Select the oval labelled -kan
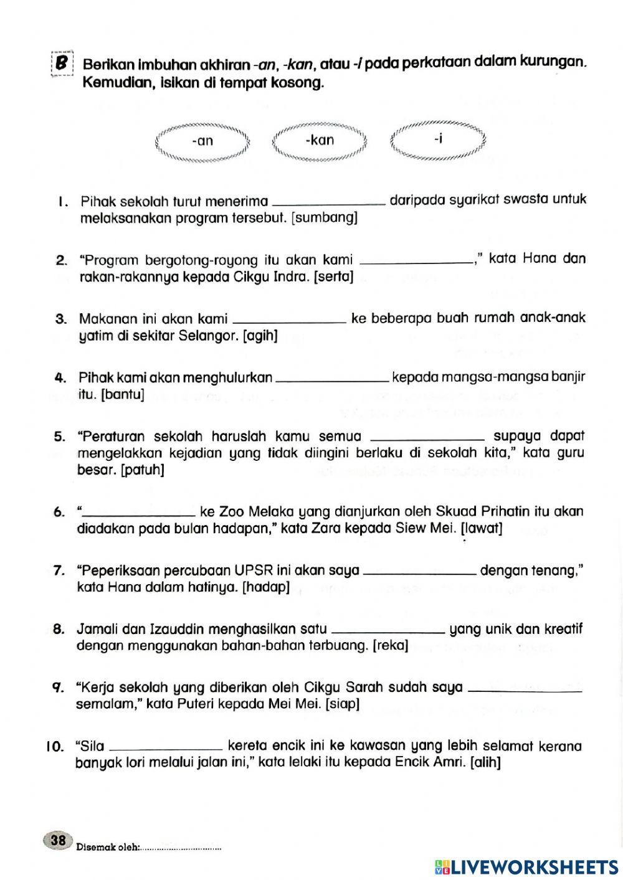click(x=320, y=141)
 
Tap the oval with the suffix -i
click(x=438, y=140)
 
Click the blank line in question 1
click(x=330, y=202)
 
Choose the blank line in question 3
click(x=289, y=321)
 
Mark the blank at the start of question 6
click(x=138, y=514)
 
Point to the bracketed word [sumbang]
click(x=325, y=218)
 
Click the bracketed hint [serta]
click(x=334, y=277)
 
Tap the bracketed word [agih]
click(x=260, y=336)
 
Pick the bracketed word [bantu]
click(x=122, y=394)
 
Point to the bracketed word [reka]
click(x=390, y=646)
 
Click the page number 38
click(x=58, y=841)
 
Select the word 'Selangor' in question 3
click(x=208, y=336)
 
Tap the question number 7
click(x=59, y=570)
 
